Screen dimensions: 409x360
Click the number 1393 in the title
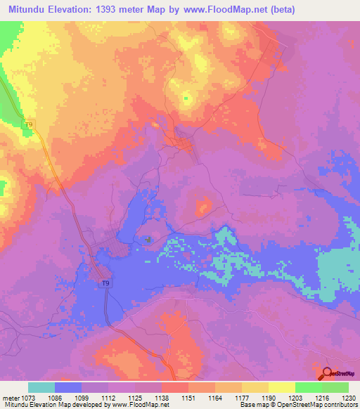110,9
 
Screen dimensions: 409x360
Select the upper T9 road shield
29,125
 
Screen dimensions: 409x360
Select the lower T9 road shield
105,283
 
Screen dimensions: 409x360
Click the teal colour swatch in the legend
41,387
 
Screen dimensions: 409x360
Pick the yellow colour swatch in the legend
281,387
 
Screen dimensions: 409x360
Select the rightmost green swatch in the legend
335,387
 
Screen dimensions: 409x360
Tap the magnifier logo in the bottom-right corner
326,373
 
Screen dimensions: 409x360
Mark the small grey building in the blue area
148,240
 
